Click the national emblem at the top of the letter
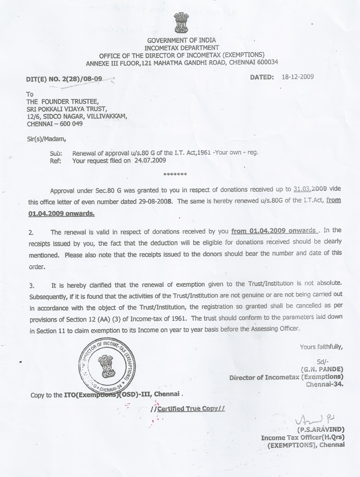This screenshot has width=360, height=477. pyautogui.click(x=181, y=23)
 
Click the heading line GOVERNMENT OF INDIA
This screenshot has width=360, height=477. pyautogui.click(x=181, y=40)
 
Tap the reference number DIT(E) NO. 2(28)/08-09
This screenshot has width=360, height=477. pyautogui.click(x=65, y=79)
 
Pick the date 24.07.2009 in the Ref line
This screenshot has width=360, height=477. pyautogui.click(x=147, y=160)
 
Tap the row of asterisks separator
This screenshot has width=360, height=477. pyautogui.click(x=175, y=175)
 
